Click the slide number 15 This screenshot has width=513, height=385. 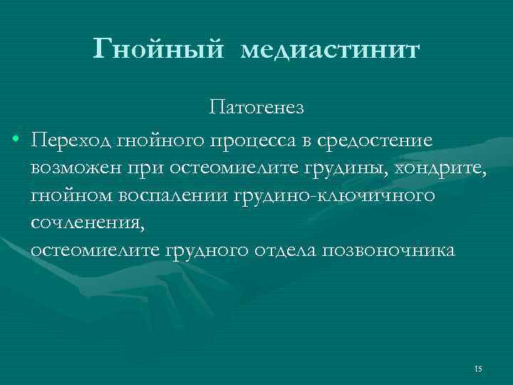coord(477,368)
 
